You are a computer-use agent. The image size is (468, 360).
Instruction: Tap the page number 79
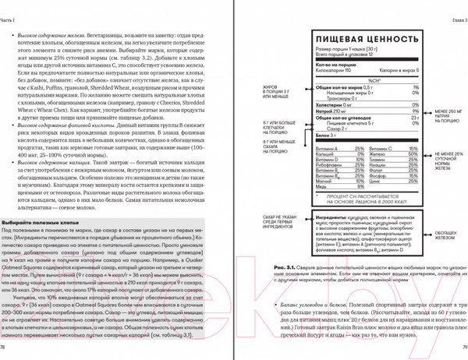[463, 347]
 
